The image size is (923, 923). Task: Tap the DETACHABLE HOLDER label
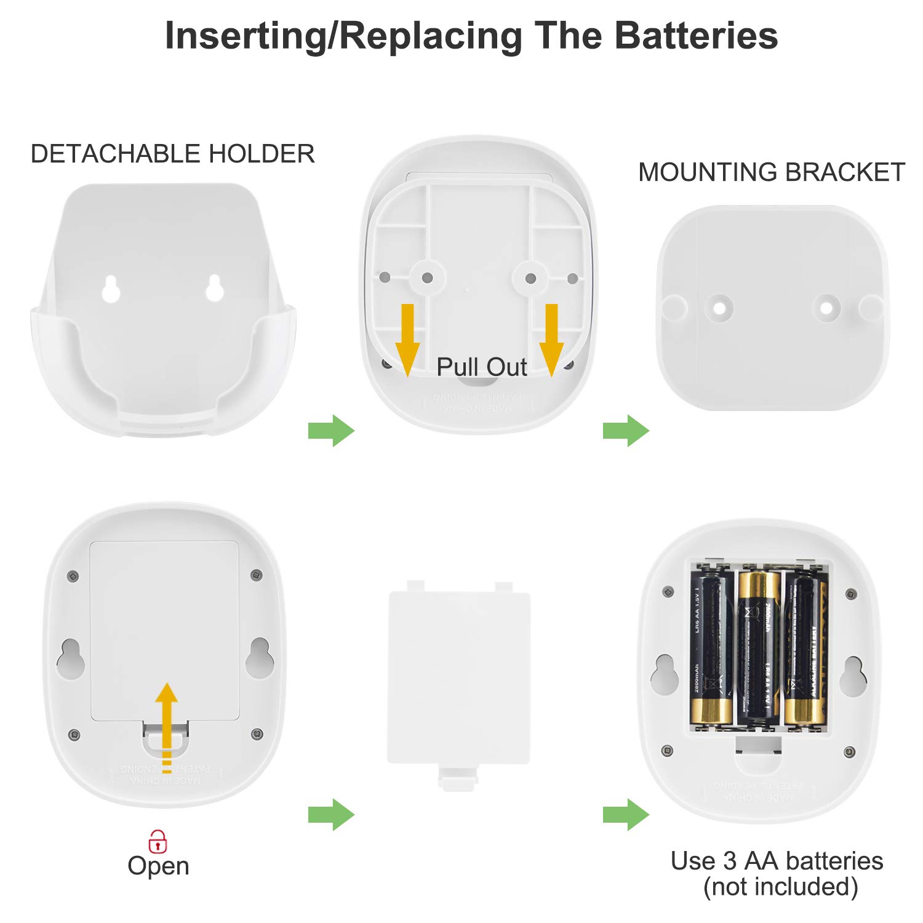(x=172, y=154)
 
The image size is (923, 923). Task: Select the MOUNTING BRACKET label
(x=772, y=172)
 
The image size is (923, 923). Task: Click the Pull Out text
(x=481, y=367)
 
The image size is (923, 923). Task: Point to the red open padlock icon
(x=158, y=841)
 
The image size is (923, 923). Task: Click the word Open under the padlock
(x=158, y=866)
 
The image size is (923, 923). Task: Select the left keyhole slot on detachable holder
(x=111, y=289)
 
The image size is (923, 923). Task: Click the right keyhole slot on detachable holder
(x=214, y=289)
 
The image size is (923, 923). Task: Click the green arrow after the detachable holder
(x=331, y=431)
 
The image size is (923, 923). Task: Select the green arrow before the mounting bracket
(x=626, y=431)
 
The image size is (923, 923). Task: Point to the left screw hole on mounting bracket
(x=719, y=306)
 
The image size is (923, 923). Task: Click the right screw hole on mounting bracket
(x=826, y=306)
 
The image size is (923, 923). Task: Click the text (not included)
(x=780, y=887)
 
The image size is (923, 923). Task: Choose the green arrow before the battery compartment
(x=626, y=815)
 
